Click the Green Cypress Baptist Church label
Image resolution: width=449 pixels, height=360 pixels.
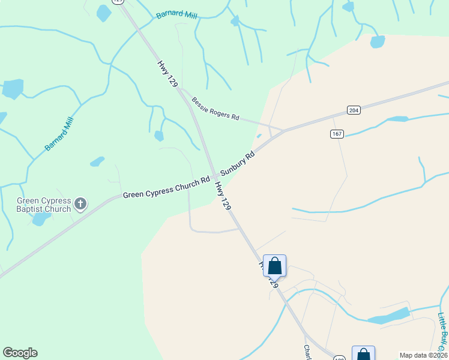44,205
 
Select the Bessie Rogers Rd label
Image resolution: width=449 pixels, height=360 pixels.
215,108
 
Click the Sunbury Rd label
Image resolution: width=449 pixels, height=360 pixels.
238,163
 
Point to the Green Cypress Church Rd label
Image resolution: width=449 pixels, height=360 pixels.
166,187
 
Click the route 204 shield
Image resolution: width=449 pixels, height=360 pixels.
354,110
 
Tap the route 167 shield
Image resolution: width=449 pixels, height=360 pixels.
337,133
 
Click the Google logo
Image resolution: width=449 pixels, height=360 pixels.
20,353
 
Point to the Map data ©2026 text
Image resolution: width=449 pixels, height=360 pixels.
423,355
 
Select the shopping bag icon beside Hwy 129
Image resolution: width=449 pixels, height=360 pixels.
274,266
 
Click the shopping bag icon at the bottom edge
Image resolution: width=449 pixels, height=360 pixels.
363,354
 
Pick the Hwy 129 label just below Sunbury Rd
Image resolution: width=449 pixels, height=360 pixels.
223,197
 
